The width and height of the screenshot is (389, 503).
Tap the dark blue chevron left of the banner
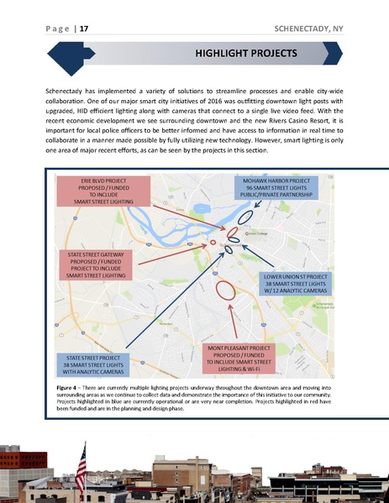pyautogui.click(x=67, y=55)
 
